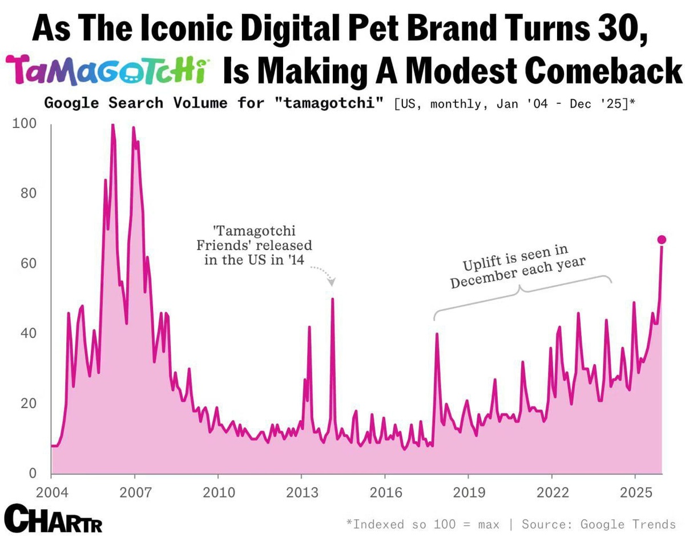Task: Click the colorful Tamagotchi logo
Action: tap(108, 71)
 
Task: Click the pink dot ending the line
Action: tap(662, 239)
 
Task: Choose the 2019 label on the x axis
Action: tap(468, 493)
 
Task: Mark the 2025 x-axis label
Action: tap(635, 493)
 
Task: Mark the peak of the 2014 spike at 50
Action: tap(332, 299)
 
